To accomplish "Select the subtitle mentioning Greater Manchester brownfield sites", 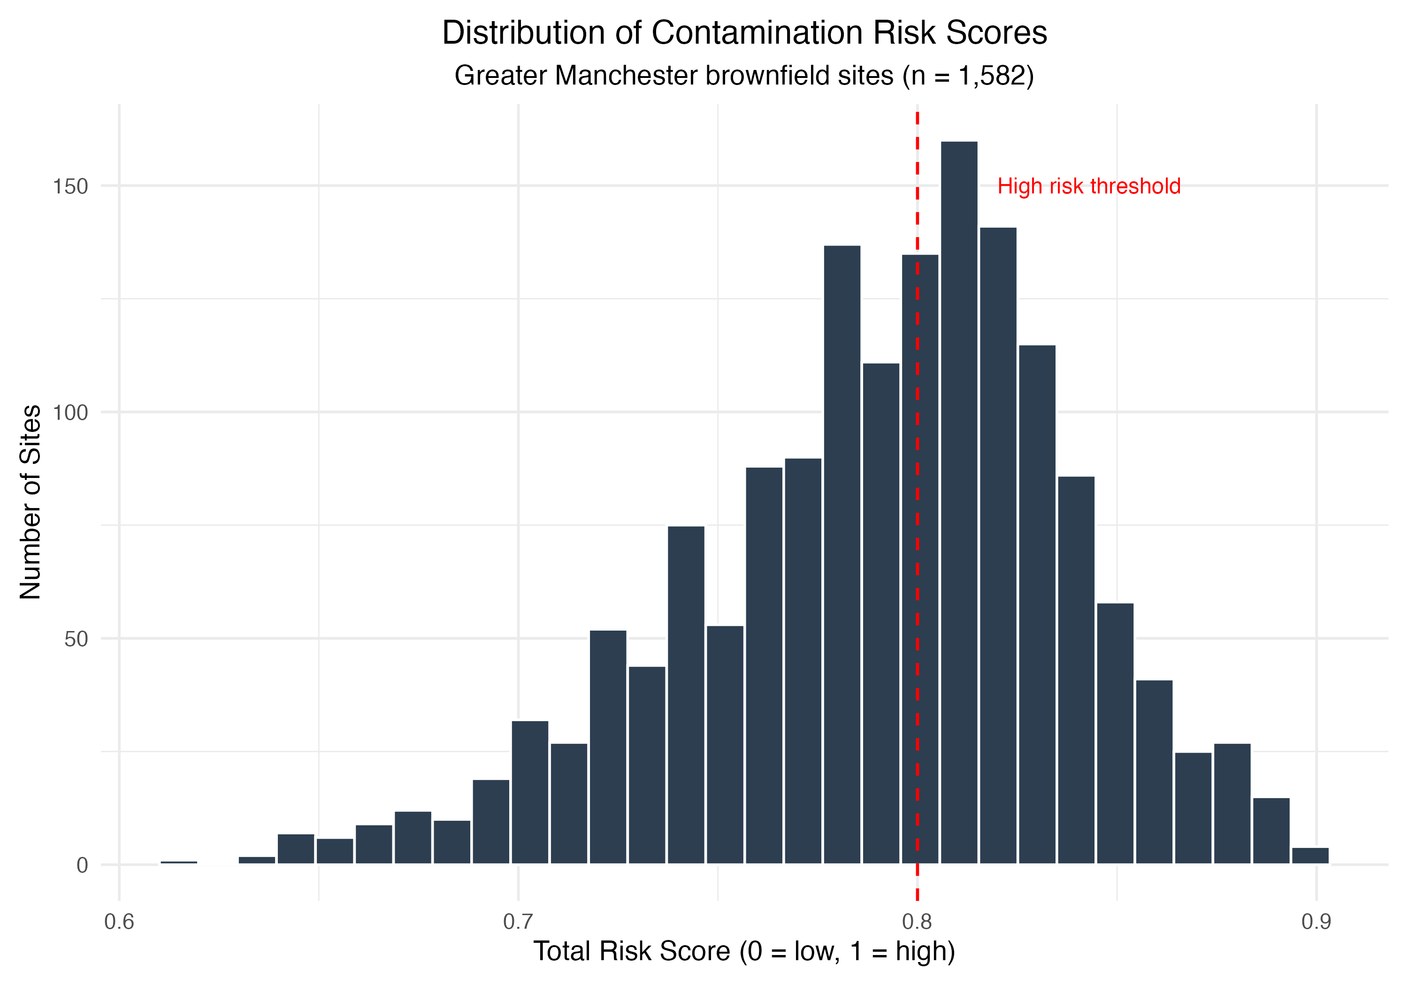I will (x=744, y=76).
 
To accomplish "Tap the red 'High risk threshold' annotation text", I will (x=1088, y=186).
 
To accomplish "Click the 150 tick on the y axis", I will (x=70, y=186).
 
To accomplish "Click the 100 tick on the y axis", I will (x=70, y=413).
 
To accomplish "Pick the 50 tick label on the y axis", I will (x=76, y=639).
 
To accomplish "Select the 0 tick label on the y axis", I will (x=82, y=866).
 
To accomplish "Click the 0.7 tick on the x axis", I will (x=518, y=922).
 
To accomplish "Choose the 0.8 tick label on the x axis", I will (x=918, y=922).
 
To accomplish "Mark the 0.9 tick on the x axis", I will (x=1316, y=922).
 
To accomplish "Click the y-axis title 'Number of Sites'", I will (x=30, y=502).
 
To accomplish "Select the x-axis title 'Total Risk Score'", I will (x=744, y=952).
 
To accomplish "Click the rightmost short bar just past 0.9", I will (x=1310, y=856).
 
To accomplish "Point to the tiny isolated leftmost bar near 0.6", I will (x=178, y=862).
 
